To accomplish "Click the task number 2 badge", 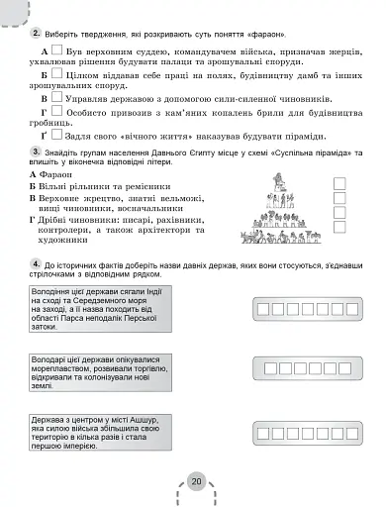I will point(36,20).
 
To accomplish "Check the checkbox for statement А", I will point(58,47).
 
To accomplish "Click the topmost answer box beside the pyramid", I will point(339,181).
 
